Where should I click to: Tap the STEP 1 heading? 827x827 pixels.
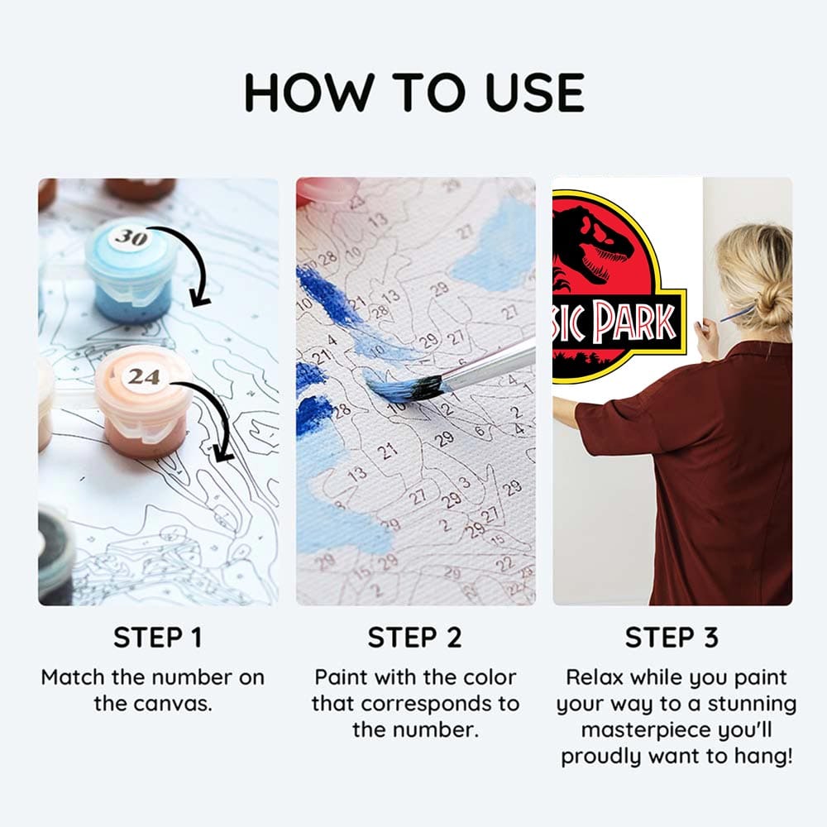tap(158, 638)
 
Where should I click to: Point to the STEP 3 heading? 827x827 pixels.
tap(671, 638)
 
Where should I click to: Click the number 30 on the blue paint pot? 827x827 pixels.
tap(130, 237)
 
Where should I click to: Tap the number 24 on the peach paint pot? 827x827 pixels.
tap(143, 377)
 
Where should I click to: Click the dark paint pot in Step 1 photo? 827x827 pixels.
tap(55, 554)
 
